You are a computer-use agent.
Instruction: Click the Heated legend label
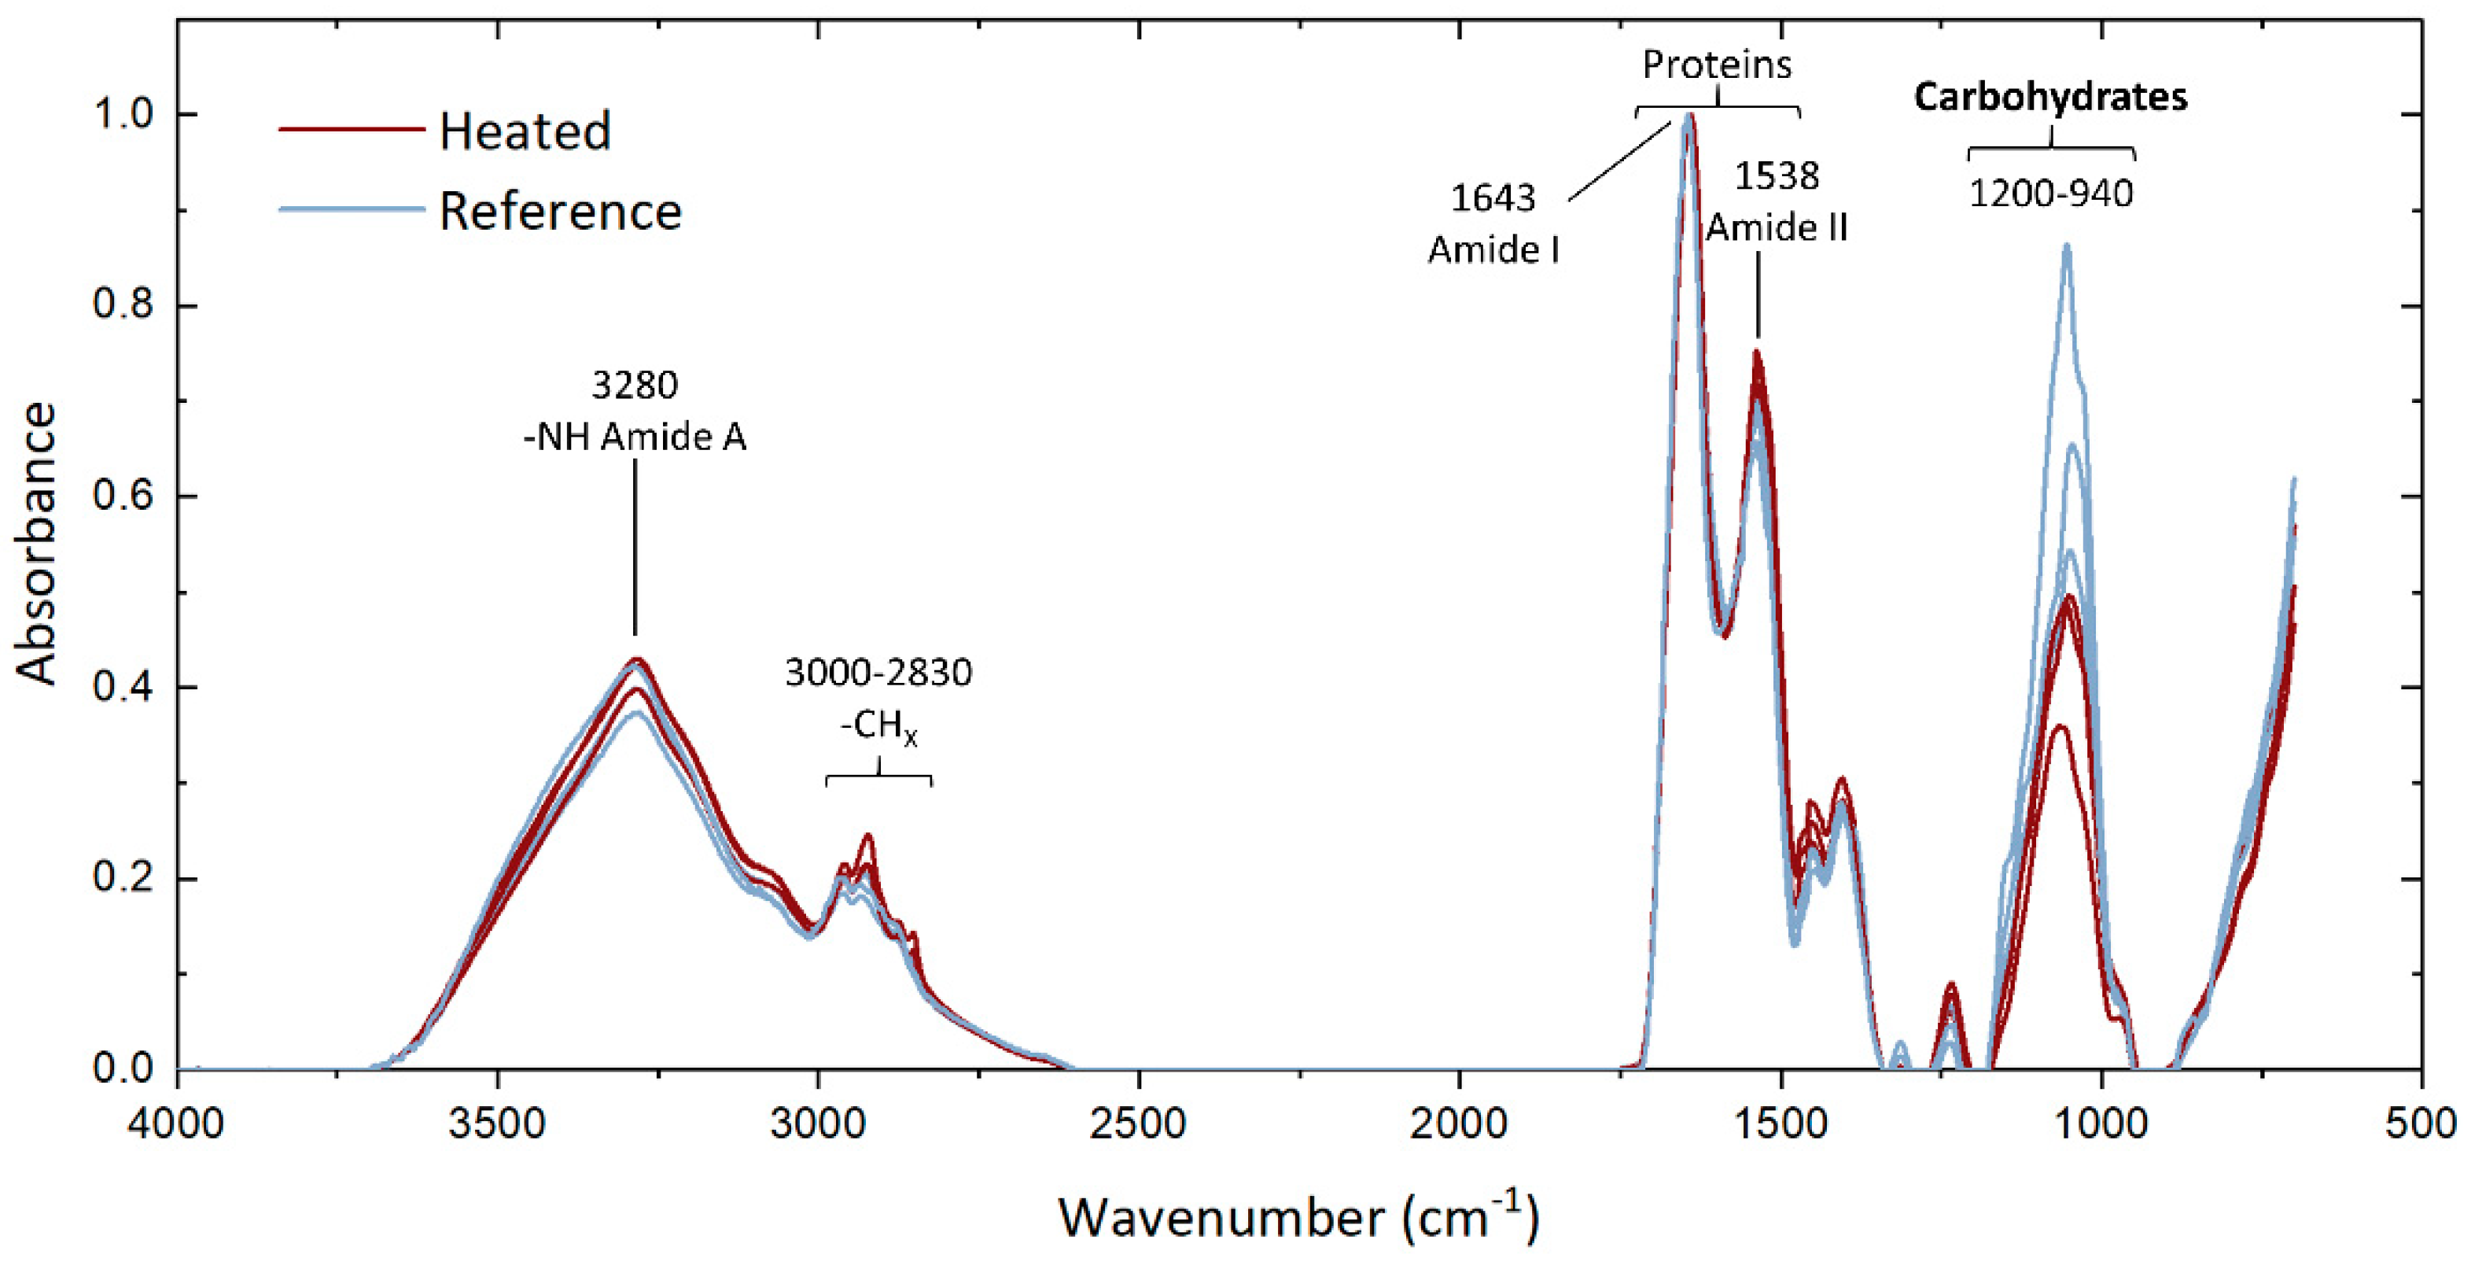tap(525, 131)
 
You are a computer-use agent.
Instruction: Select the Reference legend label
tap(560, 211)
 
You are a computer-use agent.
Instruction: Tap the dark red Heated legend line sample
tap(351, 128)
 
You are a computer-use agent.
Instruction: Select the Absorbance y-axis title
tap(36, 542)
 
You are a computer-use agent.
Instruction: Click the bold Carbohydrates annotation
tap(2051, 97)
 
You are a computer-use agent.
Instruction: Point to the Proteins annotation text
tap(1717, 65)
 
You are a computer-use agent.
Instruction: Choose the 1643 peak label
tap(1493, 197)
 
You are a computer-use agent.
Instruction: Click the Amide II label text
tap(1777, 227)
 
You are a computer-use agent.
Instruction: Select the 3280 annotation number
tap(634, 385)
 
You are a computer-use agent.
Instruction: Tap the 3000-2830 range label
tap(878, 673)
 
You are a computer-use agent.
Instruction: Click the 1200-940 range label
tap(2051, 194)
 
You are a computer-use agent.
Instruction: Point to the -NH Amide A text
tap(634, 437)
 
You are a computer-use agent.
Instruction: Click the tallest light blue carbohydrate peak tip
tap(2066, 245)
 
